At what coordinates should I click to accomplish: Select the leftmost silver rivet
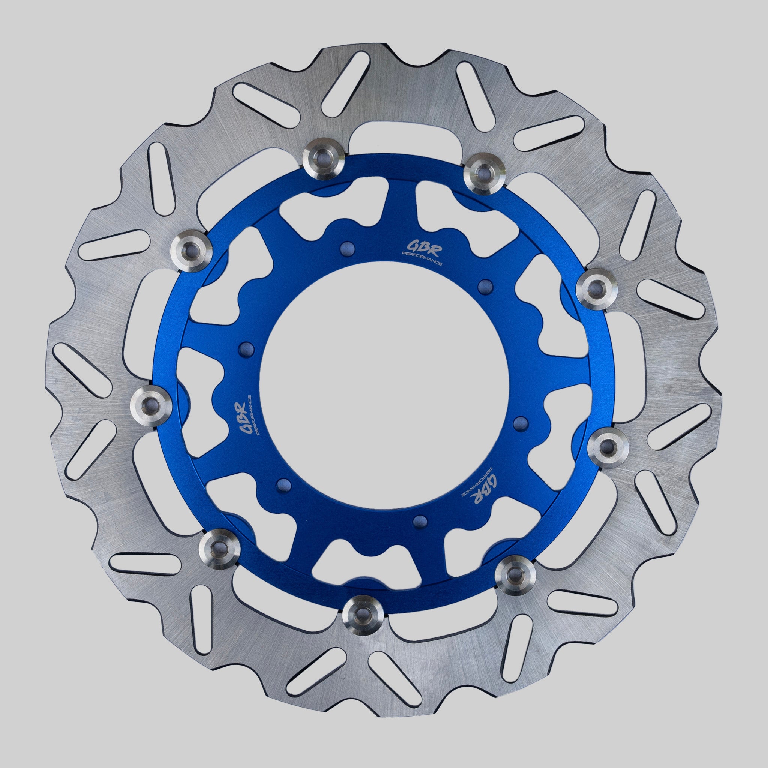(x=151, y=405)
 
